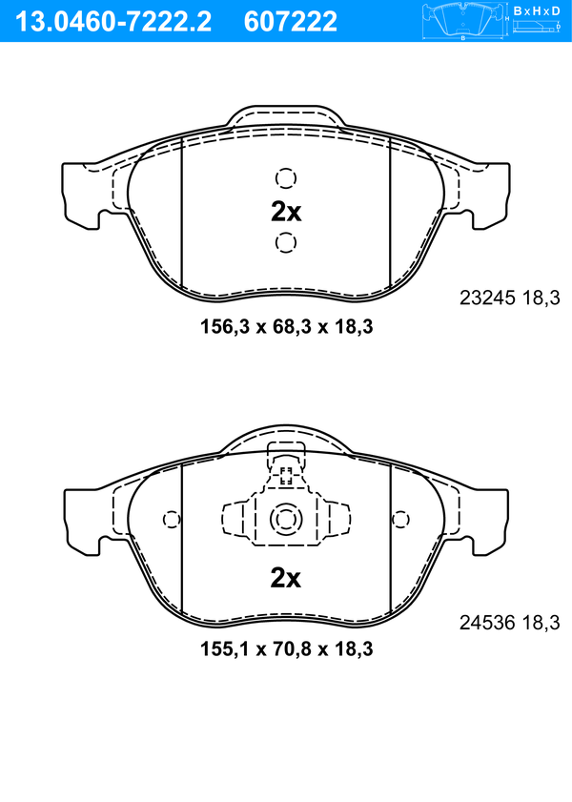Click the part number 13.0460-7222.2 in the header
113,22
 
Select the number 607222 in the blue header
291,22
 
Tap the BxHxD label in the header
537,10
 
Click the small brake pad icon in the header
463,21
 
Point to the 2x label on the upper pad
286,212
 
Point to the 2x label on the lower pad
286,578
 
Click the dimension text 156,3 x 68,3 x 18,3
286,326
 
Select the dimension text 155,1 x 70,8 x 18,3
286,649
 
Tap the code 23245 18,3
510,298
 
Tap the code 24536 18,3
510,623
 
